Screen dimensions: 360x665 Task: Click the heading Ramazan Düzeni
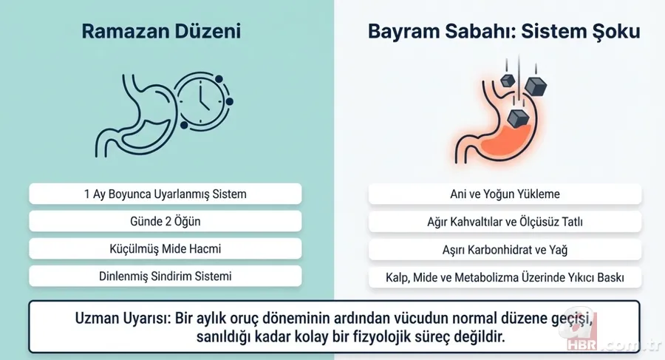click(x=160, y=32)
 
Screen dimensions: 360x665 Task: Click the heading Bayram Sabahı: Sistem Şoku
click(x=502, y=32)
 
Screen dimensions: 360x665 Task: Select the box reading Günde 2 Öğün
click(x=165, y=222)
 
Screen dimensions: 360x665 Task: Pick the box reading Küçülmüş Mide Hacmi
click(x=165, y=249)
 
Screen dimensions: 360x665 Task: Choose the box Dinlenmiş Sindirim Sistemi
click(x=165, y=276)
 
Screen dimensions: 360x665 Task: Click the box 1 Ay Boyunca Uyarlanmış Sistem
click(x=165, y=194)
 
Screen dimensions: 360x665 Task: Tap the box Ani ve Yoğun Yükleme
click(x=505, y=194)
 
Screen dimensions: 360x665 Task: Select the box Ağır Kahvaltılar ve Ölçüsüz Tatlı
click(x=505, y=222)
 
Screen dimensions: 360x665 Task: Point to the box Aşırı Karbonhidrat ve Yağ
click(x=505, y=250)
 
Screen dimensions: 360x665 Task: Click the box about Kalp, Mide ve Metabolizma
click(x=505, y=278)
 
